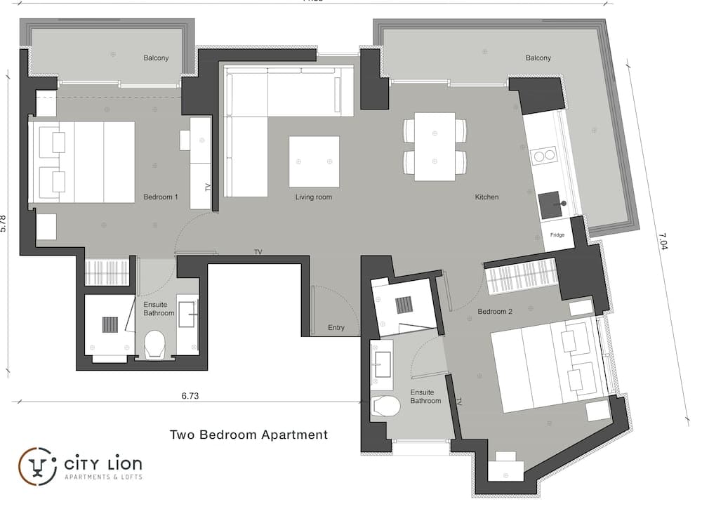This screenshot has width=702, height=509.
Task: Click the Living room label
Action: [x=314, y=197]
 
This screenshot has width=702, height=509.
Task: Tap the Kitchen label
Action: [x=486, y=197]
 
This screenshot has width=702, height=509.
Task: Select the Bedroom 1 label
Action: [x=160, y=197]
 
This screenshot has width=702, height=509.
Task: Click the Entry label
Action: [x=336, y=328]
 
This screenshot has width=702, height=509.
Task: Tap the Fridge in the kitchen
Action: [x=557, y=235]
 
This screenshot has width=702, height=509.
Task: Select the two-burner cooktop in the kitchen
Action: [x=544, y=155]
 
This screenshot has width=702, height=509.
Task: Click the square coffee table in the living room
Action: [x=314, y=161]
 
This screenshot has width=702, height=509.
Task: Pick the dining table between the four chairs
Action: [x=435, y=146]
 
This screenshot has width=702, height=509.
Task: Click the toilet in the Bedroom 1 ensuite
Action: [x=153, y=343]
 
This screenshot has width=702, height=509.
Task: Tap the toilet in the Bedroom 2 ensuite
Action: [x=385, y=406]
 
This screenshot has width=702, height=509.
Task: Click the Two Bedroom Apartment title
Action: [x=249, y=435]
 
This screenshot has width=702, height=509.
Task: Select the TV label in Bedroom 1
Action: [x=208, y=187]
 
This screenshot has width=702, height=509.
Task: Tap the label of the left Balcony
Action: [x=156, y=58]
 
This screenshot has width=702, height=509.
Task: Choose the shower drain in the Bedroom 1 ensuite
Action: [x=110, y=324]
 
